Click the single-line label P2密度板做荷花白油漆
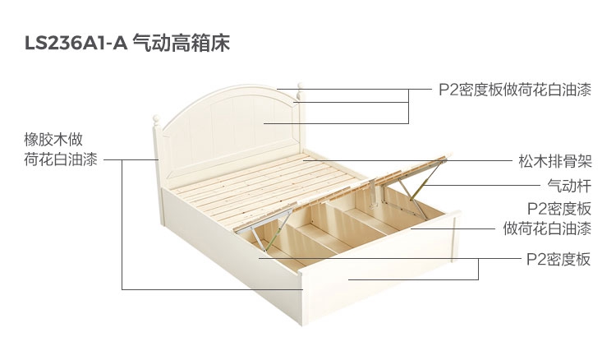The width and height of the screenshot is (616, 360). [x=514, y=90]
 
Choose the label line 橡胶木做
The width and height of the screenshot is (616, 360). [x=53, y=138]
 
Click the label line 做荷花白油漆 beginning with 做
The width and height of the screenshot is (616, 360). [x=547, y=228]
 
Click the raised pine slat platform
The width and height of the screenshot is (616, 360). [x=255, y=185]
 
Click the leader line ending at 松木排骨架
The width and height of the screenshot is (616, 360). [x=411, y=161]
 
